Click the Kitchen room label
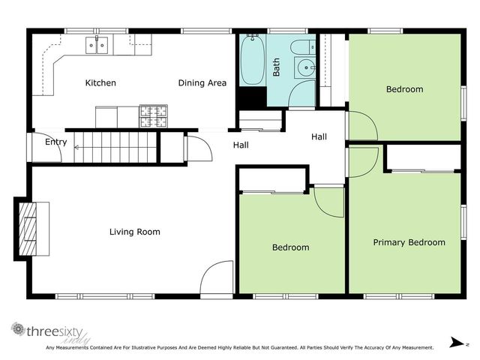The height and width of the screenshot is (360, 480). pyautogui.click(x=100, y=82)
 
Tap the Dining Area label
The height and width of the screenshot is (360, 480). pyautogui.click(x=202, y=82)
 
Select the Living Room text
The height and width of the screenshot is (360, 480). pyautogui.click(x=135, y=232)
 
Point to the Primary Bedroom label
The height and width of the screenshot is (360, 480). pyautogui.click(x=409, y=242)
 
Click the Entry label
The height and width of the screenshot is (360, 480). pyautogui.click(x=55, y=142)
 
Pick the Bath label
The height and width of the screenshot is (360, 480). pyautogui.click(x=277, y=67)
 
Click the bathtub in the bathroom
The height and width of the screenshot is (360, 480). pyautogui.click(x=252, y=60)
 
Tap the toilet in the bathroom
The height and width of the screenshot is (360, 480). pyautogui.click(x=303, y=47)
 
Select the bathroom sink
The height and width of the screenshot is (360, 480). pyautogui.click(x=305, y=69)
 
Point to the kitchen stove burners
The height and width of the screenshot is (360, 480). pyautogui.click(x=153, y=115)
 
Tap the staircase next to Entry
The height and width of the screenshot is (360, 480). pyautogui.click(x=116, y=146)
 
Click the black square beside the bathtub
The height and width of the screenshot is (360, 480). pyautogui.click(x=252, y=98)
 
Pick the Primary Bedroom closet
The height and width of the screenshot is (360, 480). pyautogui.click(x=423, y=158)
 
